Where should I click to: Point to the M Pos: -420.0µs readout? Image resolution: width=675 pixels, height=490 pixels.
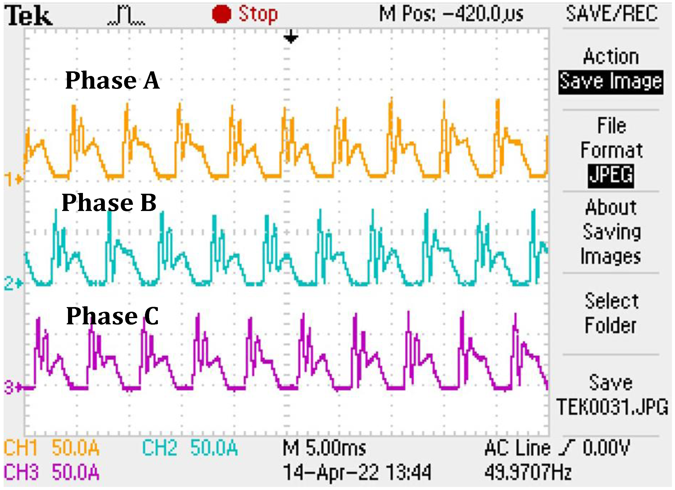(x=451, y=14)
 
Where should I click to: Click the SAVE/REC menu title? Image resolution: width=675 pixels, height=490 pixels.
(x=612, y=14)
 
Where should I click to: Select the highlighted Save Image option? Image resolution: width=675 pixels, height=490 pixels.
(x=611, y=82)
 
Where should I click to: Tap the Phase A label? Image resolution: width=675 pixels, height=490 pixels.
(x=112, y=80)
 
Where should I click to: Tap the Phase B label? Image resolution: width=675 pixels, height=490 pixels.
(x=109, y=203)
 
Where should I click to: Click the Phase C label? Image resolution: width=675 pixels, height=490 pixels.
(x=112, y=316)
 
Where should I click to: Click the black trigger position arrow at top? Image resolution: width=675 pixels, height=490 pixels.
(x=290, y=37)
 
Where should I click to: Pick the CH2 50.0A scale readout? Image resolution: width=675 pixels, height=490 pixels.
(x=190, y=447)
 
